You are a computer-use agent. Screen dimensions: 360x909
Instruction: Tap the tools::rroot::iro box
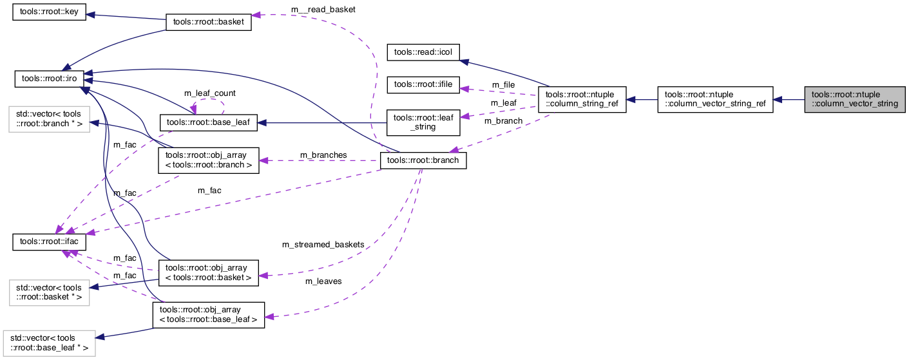click(50, 79)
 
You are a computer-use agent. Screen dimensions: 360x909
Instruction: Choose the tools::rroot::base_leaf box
click(208, 121)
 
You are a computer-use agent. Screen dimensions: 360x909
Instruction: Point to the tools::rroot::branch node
click(423, 160)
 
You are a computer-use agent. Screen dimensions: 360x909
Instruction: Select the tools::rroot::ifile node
click(423, 84)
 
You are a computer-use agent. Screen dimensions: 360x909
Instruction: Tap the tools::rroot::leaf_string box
click(423, 122)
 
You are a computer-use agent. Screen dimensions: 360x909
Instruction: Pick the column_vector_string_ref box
click(714, 100)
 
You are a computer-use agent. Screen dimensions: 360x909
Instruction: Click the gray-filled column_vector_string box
click(854, 100)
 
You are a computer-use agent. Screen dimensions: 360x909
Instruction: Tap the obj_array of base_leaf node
click(208, 314)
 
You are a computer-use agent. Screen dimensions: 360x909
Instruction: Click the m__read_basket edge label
click(323, 10)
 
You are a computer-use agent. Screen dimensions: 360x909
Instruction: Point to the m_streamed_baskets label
click(323, 245)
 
